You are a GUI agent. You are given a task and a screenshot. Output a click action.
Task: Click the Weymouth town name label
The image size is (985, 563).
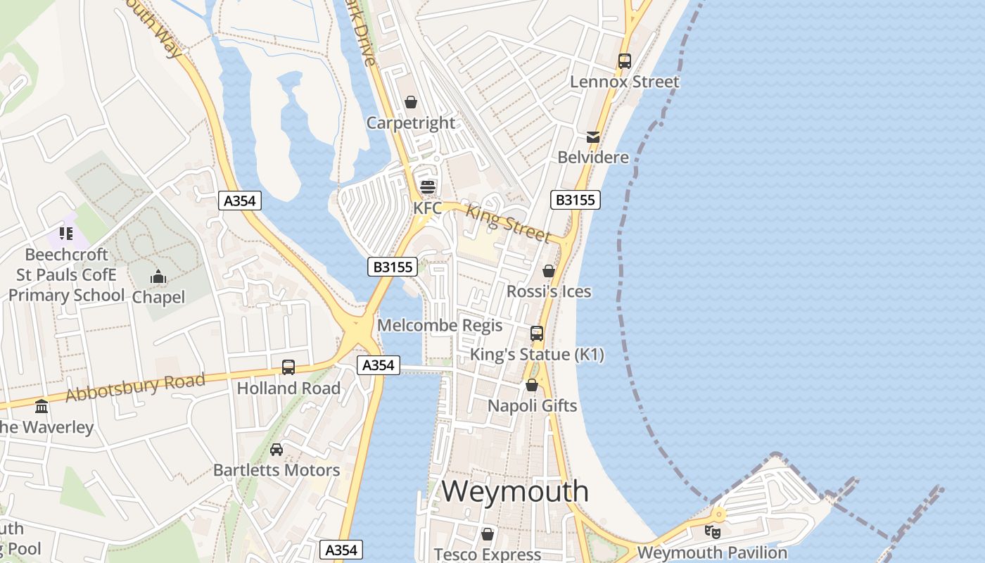tap(515, 491)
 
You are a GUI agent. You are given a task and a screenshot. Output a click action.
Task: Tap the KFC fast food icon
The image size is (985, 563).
tap(427, 187)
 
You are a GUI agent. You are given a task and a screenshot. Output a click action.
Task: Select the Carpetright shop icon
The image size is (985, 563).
tap(411, 103)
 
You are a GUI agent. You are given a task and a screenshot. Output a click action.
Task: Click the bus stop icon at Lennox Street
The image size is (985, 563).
tap(625, 61)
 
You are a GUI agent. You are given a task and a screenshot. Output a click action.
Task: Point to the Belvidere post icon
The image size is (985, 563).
tap(593, 137)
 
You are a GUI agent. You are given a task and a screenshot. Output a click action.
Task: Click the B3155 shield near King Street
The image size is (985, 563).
tap(575, 200)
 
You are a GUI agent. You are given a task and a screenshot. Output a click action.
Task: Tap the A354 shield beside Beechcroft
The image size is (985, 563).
tap(239, 201)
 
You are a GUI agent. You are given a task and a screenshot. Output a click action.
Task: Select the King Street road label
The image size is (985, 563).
tap(508, 222)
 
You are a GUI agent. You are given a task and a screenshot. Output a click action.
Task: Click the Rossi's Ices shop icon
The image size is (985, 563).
tap(549, 271)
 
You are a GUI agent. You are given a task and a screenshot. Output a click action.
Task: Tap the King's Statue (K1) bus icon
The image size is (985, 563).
tap(537, 333)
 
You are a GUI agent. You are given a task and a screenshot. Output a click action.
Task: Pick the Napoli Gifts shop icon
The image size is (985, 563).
tap(532, 385)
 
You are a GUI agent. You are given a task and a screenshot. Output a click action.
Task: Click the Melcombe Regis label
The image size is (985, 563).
tap(440, 325)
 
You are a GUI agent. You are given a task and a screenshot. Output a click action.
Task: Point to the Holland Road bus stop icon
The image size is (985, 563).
tap(288, 367)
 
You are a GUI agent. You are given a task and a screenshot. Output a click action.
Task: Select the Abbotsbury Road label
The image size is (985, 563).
tap(135, 388)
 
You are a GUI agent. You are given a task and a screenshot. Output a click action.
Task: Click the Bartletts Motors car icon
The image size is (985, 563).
tap(277, 449)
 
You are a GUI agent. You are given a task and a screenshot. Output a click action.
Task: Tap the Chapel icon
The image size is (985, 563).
tap(158, 277)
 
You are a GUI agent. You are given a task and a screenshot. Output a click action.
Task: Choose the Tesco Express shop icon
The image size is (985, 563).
tap(487, 534)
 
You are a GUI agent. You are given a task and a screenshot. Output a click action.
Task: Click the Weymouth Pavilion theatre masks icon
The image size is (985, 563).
tap(712, 531)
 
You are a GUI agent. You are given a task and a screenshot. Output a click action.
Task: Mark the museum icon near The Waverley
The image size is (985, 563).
tap(42, 406)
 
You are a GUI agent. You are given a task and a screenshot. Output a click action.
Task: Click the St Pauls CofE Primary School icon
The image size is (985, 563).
tap(66, 233)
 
